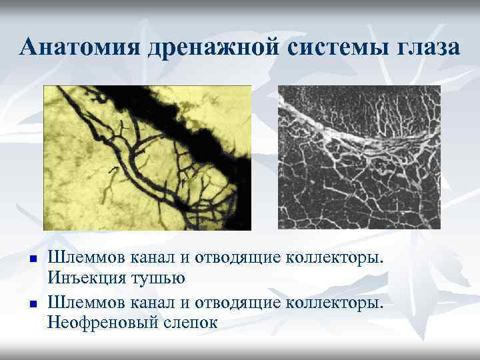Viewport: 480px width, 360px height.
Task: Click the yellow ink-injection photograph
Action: [147, 158]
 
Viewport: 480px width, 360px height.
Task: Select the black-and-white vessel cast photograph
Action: [359, 158]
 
